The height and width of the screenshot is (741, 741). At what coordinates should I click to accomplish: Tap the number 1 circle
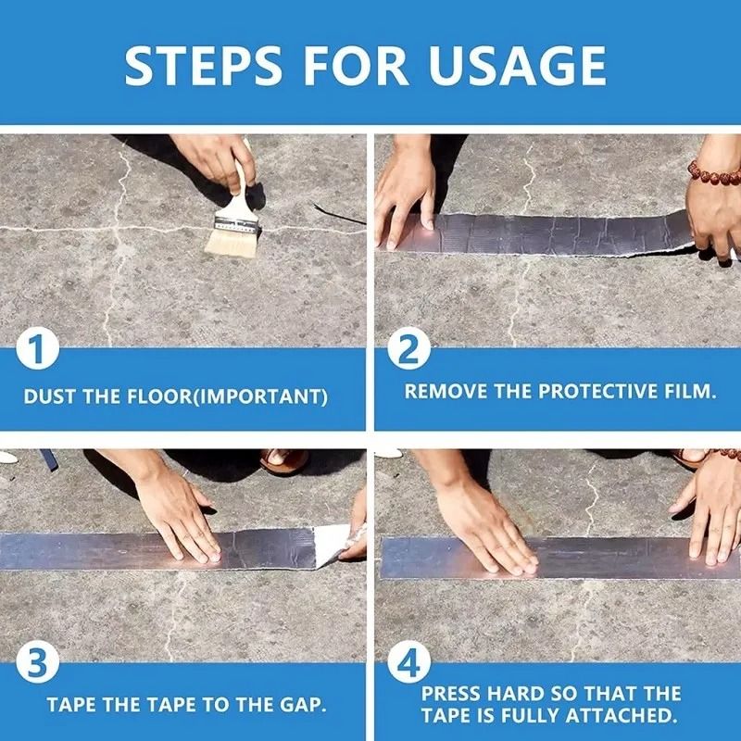(38, 352)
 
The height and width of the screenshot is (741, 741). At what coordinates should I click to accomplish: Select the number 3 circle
(38, 665)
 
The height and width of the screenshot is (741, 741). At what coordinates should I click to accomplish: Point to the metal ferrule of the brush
(236, 221)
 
